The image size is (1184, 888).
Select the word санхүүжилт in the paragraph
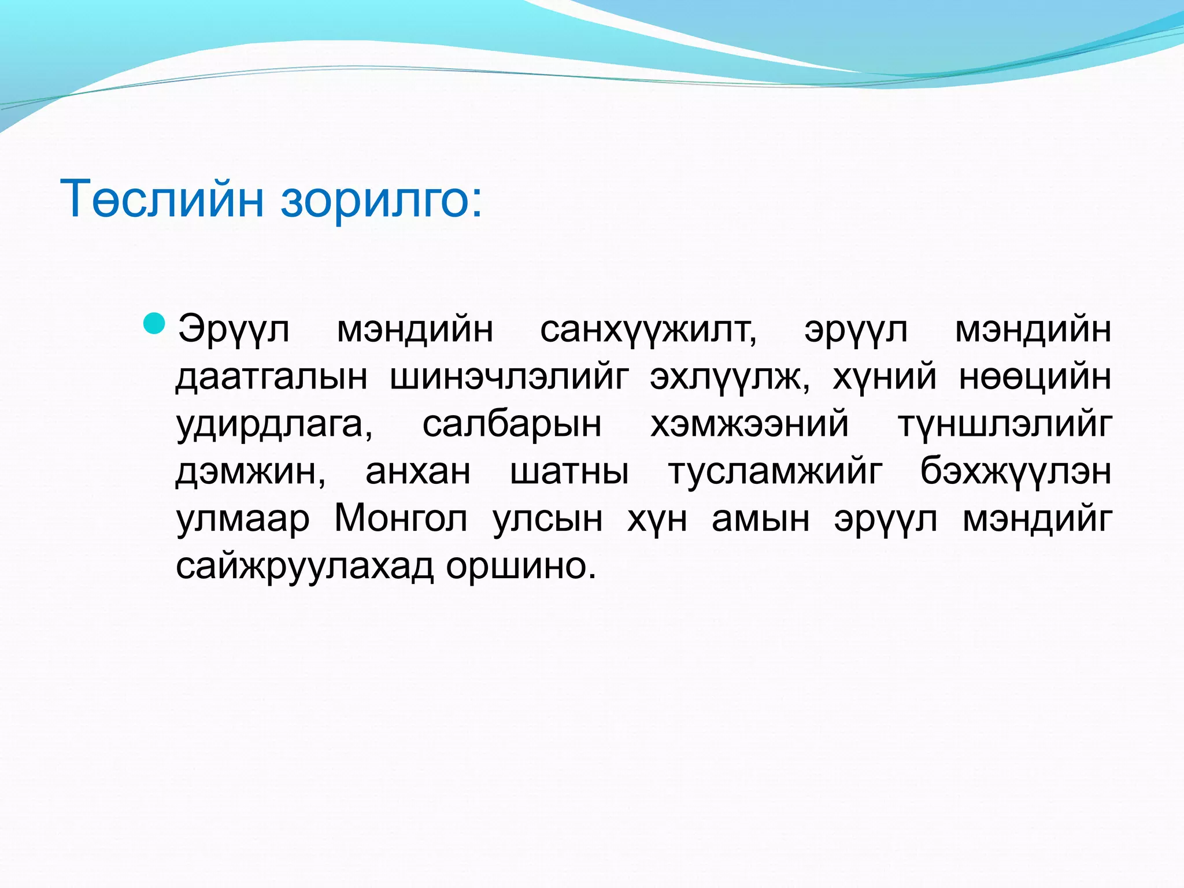[648, 330]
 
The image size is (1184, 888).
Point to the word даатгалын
[271, 378]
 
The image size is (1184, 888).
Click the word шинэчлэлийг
[509, 378]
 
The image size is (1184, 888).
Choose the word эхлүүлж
[730, 378]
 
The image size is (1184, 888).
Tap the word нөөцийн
[1035, 378]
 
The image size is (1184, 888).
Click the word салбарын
[512, 425]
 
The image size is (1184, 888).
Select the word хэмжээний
[749, 425]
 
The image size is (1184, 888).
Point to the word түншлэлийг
[1005, 425]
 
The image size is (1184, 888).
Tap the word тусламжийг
[775, 472]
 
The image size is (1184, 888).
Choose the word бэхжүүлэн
[1016, 472]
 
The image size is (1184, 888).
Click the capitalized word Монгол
[401, 519]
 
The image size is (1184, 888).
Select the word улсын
[547, 519]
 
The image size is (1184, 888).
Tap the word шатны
[569, 472]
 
